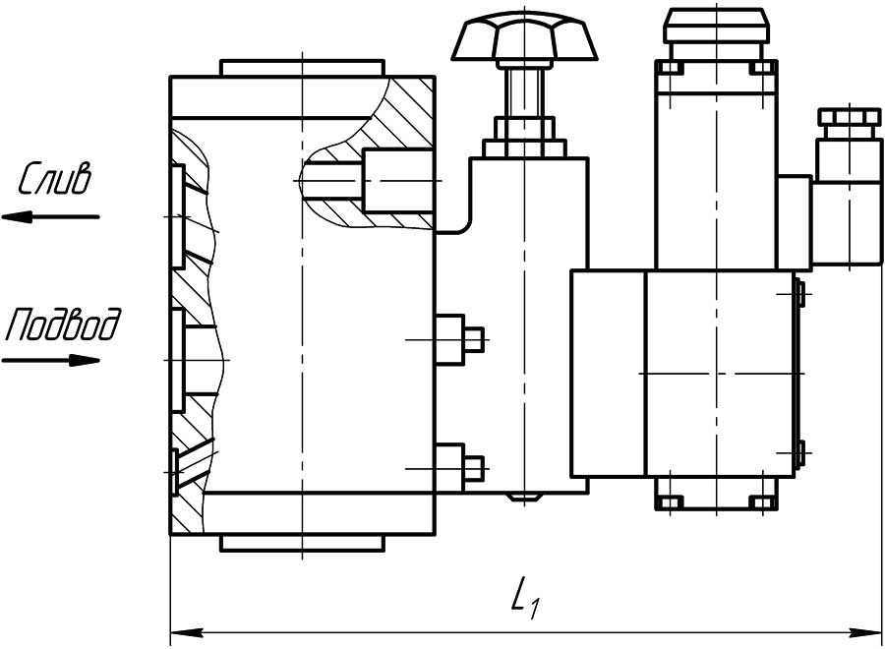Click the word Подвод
(62, 324)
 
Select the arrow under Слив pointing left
(50, 216)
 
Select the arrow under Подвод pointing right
(51, 360)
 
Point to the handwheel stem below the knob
(524, 92)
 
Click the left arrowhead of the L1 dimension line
(187, 632)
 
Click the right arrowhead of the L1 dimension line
(865, 632)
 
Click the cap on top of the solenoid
(717, 26)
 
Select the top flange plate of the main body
(302, 68)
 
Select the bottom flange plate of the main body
(302, 543)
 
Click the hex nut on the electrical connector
(850, 117)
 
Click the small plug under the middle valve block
(524, 498)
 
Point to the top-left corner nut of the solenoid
(671, 68)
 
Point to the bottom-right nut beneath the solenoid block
(761, 501)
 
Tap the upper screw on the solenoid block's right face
(798, 293)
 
